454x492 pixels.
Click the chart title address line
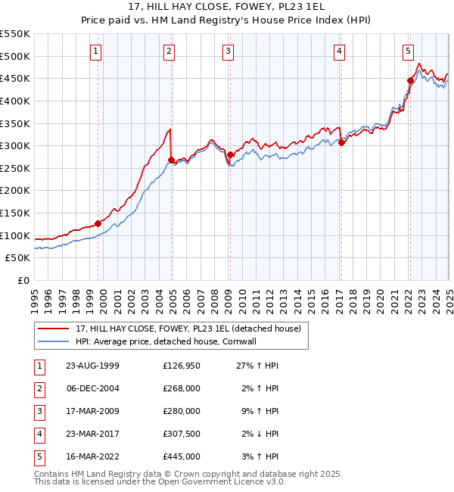pyautogui.click(x=227, y=8)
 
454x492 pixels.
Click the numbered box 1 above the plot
pyautogui.click(x=97, y=51)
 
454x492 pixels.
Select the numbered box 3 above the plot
pyautogui.click(x=228, y=51)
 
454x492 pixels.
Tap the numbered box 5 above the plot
pyautogui.click(x=408, y=51)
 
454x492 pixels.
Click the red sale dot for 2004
pyautogui.click(x=171, y=160)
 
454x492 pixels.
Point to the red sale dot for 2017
pyautogui.click(x=341, y=142)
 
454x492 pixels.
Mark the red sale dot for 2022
pyautogui.click(x=410, y=80)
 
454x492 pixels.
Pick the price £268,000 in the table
pyautogui.click(x=182, y=388)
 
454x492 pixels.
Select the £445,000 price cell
pyautogui.click(x=182, y=456)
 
